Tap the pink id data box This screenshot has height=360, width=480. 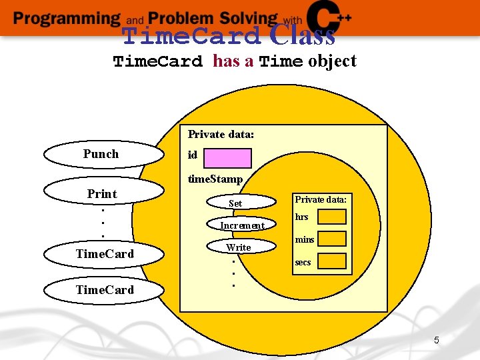tap(227, 158)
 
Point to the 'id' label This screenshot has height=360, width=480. tap(192, 155)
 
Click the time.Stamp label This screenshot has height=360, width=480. tap(215, 179)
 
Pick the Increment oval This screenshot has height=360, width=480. tap(241, 225)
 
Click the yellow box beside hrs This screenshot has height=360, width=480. tap(332, 217)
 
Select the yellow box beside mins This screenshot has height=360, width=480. tap(332, 239)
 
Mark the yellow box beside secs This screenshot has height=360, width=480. tap(332, 261)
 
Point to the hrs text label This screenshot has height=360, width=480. tap(301, 217)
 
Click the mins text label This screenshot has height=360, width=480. tap(304, 239)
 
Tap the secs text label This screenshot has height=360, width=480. tap(303, 262)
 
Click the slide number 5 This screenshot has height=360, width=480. tap(436, 341)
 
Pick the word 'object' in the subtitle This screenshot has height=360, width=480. tap(332, 61)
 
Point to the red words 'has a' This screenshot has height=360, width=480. tap(233, 61)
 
